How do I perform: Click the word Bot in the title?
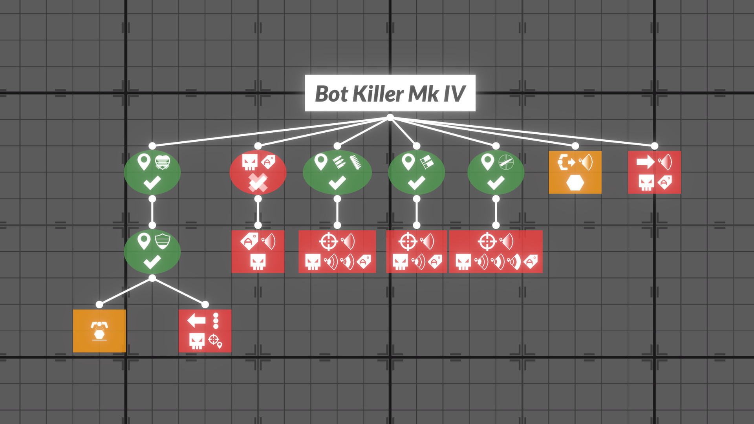pos(331,94)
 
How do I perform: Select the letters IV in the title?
pos(454,94)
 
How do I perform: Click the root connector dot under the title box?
pos(390,117)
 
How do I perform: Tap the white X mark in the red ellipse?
pos(258,183)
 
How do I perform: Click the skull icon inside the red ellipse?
pos(249,162)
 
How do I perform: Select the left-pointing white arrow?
pos(196,320)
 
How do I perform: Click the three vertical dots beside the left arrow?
pos(216,320)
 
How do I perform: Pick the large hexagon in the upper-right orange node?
pos(575,183)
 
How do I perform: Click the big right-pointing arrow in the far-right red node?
pos(645,162)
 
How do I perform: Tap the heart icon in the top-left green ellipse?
pos(163,162)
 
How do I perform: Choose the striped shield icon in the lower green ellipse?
pos(163,241)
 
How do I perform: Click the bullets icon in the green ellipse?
pos(339,162)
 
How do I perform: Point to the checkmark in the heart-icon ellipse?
pos(152,183)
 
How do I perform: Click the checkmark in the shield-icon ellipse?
pos(152,262)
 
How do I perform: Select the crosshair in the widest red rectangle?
pos(487,241)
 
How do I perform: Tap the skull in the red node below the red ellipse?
pos(258,262)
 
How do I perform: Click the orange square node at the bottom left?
pos(99,331)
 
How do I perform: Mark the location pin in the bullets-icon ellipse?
pos(321,162)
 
